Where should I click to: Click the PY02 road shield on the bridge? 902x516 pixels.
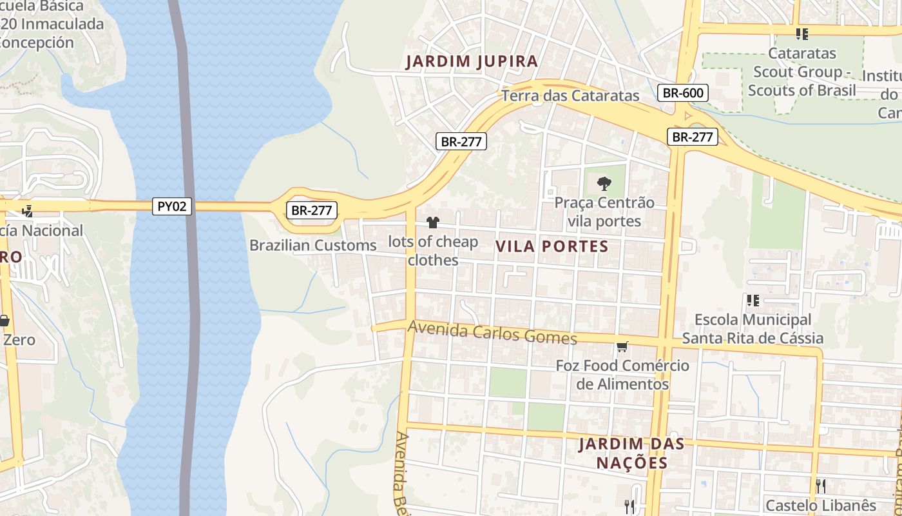tap(172, 206)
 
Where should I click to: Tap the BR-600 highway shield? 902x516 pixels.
tap(683, 93)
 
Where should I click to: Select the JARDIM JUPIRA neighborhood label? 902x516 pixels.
tap(472, 62)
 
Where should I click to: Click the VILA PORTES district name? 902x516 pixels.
tap(552, 246)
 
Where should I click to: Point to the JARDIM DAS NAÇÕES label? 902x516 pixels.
tap(631, 453)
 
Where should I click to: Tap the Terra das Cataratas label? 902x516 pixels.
tap(570, 96)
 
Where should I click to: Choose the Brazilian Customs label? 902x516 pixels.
tap(312, 245)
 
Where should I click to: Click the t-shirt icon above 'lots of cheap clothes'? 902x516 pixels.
tap(432, 223)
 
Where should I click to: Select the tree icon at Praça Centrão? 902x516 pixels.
tap(604, 184)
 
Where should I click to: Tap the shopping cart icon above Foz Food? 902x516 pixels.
tap(622, 347)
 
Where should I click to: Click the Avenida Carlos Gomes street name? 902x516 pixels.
tap(492, 333)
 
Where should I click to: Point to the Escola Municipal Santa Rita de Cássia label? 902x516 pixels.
tap(753, 329)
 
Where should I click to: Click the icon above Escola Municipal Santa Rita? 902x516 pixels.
tap(753, 300)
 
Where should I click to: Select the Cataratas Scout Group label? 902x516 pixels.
tap(801, 72)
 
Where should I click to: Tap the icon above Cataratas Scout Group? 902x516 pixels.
tap(801, 34)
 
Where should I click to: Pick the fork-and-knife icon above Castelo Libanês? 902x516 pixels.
tap(820, 485)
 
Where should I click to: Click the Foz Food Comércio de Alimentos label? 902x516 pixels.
tap(622, 375)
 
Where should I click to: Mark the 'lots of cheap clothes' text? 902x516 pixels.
tap(433, 251)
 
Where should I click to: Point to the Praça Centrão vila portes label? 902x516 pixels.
tap(604, 212)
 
